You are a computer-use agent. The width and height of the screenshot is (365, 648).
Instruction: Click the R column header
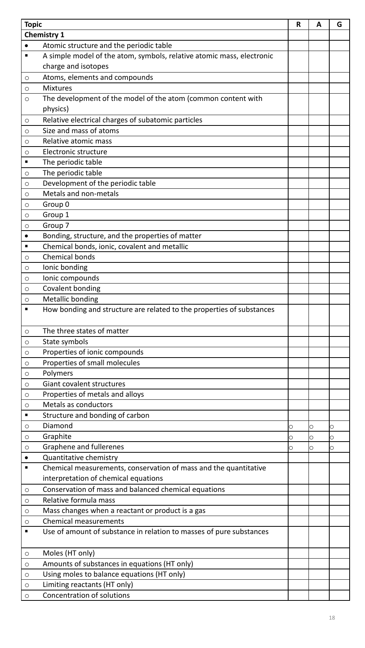[x=299, y=25]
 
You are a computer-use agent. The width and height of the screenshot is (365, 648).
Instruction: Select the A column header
[x=319, y=25]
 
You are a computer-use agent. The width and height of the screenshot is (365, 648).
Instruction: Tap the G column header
[x=339, y=25]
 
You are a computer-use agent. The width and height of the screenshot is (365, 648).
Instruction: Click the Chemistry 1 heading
[x=44, y=35]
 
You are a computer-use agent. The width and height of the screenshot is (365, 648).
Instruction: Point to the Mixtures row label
[x=57, y=88]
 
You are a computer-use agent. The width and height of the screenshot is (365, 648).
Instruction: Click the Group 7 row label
[x=56, y=226]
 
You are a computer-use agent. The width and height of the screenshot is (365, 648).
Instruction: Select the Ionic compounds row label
[x=71, y=278]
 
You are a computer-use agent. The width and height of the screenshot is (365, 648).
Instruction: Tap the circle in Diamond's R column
[x=291, y=427]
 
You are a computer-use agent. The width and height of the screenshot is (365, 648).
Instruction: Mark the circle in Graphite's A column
[x=312, y=437]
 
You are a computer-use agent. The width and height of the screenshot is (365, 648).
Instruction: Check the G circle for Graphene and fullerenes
[x=332, y=448]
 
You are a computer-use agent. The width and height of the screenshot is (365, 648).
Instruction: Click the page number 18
[x=332, y=618]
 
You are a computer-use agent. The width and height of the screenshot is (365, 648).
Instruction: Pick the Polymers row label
[x=58, y=373]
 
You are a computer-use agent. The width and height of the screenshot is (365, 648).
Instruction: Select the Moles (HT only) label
[x=68, y=553]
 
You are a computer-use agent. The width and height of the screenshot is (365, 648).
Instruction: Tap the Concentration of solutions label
[x=86, y=595]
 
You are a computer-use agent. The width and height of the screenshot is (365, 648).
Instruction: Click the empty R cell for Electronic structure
[x=299, y=152]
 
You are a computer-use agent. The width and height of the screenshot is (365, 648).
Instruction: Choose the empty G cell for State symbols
[x=339, y=342]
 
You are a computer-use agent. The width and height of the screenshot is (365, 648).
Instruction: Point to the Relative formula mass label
[x=79, y=500]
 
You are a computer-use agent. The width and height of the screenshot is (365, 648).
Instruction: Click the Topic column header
[x=33, y=25]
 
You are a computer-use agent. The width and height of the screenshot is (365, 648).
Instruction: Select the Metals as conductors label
[x=78, y=405]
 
